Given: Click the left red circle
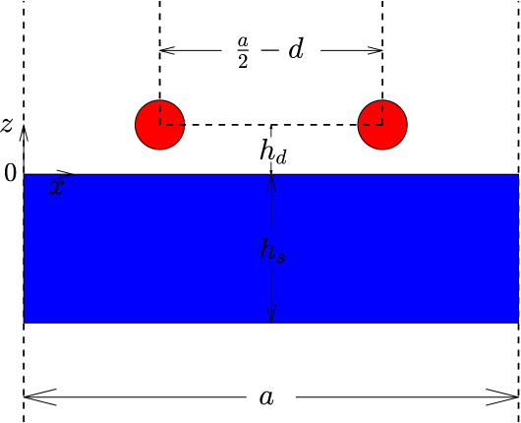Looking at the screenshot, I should [159, 125].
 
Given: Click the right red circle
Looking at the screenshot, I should [382, 125].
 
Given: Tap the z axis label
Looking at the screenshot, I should [7, 125].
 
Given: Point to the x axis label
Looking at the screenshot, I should [57, 187].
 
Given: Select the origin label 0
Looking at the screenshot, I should [10, 174].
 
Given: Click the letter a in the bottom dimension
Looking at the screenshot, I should [265, 396].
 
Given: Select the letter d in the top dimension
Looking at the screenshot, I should [295, 50].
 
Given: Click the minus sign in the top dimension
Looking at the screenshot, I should [269, 50].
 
